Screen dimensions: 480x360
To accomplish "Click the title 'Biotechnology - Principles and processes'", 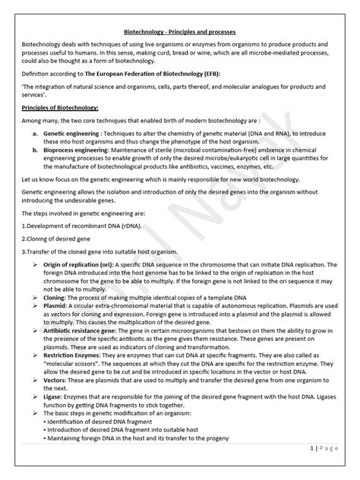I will (x=180, y=33).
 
